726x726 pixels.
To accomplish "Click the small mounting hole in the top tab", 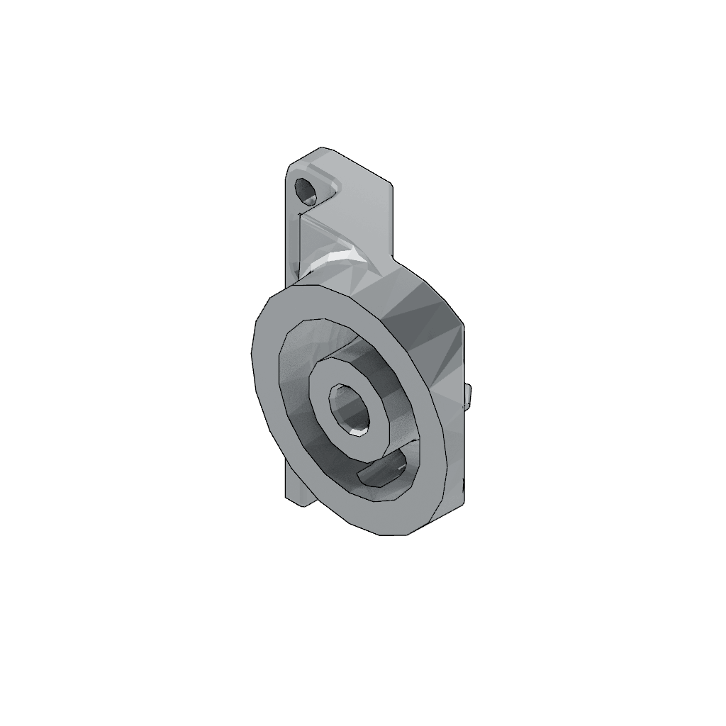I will tap(306, 191).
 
